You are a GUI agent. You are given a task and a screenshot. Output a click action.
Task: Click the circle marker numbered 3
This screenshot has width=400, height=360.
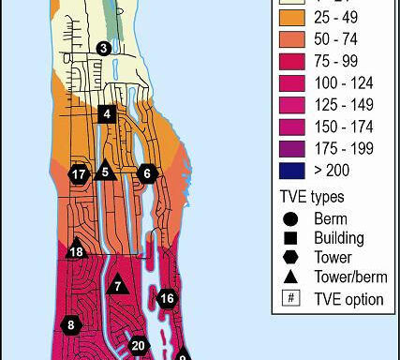click(103, 49)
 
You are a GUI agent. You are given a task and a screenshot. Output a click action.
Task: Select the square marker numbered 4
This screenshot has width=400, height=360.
click(107, 114)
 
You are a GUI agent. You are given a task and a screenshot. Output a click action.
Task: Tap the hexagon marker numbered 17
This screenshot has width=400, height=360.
click(80, 174)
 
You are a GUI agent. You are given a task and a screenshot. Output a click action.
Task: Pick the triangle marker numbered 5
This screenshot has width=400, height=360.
click(105, 171)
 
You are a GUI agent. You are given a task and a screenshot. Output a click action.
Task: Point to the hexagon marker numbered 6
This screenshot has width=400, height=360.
click(146, 173)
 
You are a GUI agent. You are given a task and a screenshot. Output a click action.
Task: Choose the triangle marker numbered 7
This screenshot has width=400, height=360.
click(118, 286)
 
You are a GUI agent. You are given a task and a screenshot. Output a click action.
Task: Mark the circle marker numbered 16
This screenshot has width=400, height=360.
click(167, 299)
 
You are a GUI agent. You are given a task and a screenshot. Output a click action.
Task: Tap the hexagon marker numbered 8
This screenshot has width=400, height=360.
click(71, 325)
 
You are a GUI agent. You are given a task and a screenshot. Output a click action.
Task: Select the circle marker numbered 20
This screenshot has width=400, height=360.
click(139, 345)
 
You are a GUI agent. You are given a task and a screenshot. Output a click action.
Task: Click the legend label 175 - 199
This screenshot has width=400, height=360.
click(342, 148)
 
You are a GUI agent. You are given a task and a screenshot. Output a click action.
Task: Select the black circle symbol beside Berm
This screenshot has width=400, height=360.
click(292, 218)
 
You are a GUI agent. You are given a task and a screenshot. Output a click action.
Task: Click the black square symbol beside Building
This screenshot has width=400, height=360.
click(292, 238)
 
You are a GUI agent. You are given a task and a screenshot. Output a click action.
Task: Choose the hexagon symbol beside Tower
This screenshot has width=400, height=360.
click(292, 258)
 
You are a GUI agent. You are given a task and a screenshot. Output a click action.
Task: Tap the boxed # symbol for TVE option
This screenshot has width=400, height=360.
click(292, 298)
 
